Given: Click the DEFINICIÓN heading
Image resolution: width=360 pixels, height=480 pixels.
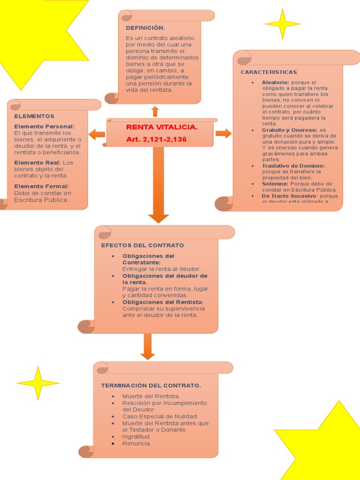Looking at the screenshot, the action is coord(145,28).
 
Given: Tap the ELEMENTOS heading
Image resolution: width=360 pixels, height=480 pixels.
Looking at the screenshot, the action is coord(34,116).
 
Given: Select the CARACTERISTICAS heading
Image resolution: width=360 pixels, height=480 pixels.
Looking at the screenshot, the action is coord(269,72).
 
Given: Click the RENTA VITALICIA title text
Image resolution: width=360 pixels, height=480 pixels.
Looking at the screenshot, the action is coord(162,127).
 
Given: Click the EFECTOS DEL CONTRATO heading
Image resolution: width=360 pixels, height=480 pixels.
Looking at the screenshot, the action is coord(142,245).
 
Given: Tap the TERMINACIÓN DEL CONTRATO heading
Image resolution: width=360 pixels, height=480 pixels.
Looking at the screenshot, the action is coord(151,385).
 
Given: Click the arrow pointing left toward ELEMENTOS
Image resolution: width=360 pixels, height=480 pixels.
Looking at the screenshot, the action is coord(97,134).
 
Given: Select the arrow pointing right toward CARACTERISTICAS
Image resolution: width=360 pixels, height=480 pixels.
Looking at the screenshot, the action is coord(224,133).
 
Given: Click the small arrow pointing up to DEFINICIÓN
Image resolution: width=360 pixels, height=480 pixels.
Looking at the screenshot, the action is coord(155,111).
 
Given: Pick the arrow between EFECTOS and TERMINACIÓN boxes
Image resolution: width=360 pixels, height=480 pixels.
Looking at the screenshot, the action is coord(148,346).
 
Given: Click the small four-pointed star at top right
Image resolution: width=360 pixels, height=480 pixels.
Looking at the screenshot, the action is coord(282,23).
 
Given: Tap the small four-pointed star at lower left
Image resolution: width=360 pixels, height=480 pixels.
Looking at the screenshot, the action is coord(38,383).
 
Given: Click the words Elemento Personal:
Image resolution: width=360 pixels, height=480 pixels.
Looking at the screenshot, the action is coord(44,127).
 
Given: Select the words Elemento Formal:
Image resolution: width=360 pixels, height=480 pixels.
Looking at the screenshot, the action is coord(41,187).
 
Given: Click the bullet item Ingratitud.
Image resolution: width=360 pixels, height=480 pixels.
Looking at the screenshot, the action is coord(136,436).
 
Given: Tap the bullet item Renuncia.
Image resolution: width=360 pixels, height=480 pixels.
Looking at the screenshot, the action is coord(137,443).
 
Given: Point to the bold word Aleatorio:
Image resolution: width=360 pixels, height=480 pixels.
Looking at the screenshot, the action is coord(276,82).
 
